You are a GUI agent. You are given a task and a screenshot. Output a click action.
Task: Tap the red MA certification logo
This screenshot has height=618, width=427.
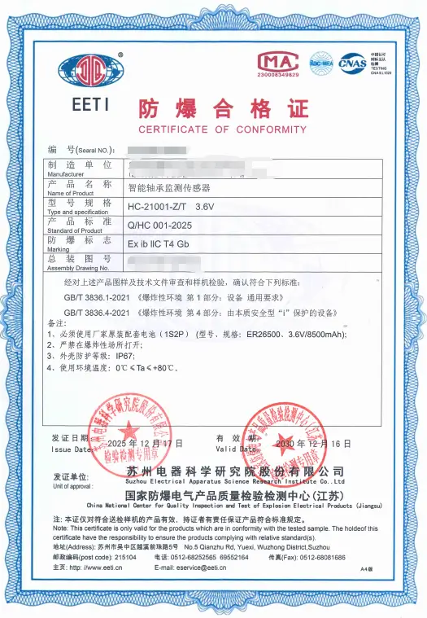coord(277,62)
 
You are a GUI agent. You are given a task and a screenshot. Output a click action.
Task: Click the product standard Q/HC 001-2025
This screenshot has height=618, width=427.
coord(160,225)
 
